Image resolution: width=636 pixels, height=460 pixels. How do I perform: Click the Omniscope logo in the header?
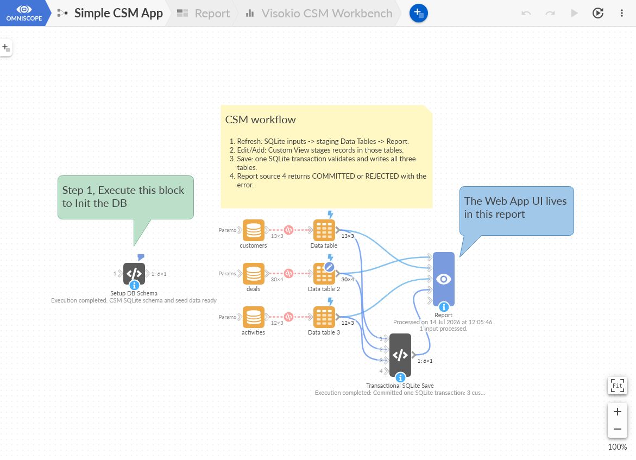click(24, 13)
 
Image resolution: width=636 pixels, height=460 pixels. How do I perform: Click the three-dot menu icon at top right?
click(621, 14)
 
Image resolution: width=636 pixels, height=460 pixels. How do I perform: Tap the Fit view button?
click(617, 386)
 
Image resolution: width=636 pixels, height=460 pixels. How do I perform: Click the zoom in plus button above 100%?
click(618, 412)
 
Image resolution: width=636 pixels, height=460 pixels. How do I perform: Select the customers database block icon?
click(254, 230)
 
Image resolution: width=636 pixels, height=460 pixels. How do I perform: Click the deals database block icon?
click(254, 273)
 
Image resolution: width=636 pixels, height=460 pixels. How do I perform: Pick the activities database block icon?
click(254, 317)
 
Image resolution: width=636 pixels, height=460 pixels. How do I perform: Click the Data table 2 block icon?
click(324, 273)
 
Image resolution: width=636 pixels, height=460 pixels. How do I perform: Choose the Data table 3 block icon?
click(324, 317)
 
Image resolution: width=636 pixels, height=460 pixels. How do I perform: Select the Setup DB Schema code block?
click(134, 274)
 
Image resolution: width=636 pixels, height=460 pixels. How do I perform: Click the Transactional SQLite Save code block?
click(400, 355)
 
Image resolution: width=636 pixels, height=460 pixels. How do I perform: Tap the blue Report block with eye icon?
click(443, 279)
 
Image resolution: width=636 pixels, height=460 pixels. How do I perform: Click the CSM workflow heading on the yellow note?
click(260, 119)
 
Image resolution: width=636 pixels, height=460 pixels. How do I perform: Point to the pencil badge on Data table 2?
click(329, 267)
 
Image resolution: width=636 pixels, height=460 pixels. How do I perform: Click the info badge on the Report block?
click(444, 307)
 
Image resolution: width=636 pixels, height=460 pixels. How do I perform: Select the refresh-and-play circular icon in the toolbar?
click(597, 14)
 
